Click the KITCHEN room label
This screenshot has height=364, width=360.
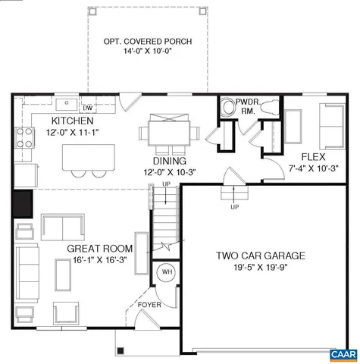[72, 121]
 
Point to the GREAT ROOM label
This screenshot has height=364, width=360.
[100, 249]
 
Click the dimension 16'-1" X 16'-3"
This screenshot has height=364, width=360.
[100, 260]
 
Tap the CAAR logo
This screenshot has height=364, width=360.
[342, 354]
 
